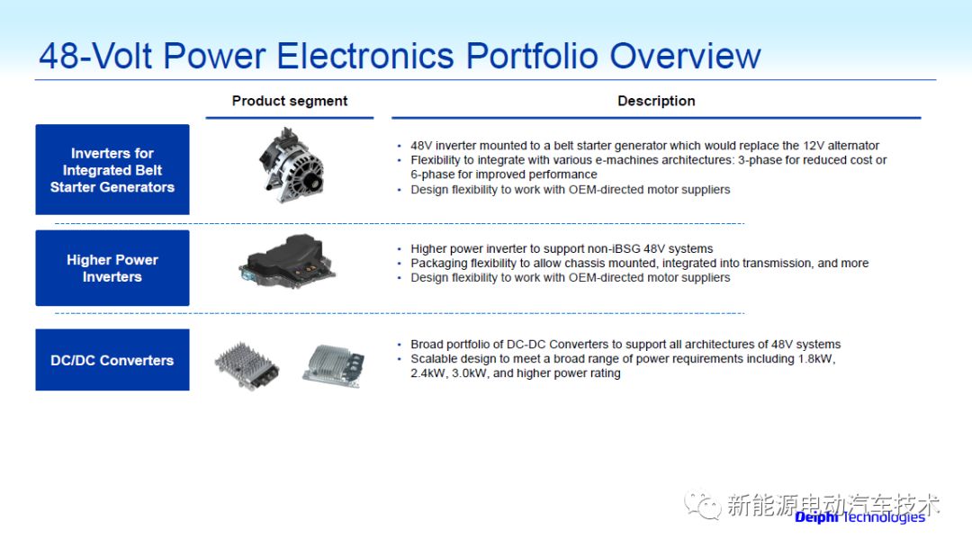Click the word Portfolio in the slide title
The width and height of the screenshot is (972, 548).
tap(531, 56)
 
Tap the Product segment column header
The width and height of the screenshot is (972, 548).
tap(290, 101)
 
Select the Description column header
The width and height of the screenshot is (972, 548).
tap(656, 101)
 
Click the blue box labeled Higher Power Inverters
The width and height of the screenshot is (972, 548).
tap(112, 268)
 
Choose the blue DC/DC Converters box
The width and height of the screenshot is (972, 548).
tap(112, 360)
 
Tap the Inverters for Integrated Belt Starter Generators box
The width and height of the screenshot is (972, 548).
tap(112, 169)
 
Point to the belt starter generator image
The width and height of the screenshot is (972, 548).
tap(291, 166)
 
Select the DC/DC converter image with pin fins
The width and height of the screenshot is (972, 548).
tap(247, 365)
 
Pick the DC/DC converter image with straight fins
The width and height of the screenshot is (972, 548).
tap(334, 365)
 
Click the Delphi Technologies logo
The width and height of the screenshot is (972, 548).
tap(859, 517)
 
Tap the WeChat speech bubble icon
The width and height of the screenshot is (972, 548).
tap(703, 505)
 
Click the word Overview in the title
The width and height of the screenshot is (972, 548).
tap(685, 56)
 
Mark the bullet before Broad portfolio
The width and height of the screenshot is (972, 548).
tap(400, 345)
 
